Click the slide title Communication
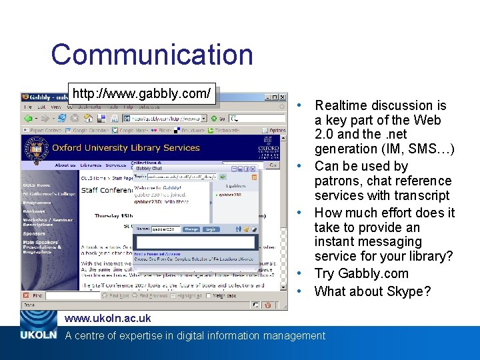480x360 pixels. click(152, 55)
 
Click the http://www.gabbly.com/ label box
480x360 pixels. click(142, 93)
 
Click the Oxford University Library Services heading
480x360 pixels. click(126, 148)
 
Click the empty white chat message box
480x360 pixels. click(195, 241)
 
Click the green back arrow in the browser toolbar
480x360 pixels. click(29, 118)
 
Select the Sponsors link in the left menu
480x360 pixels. click(35, 234)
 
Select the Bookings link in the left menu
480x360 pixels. click(35, 211)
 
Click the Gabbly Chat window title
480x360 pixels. click(149, 169)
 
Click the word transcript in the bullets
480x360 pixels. click(421, 196)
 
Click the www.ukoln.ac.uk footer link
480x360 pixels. click(107, 319)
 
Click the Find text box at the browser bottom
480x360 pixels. click(72, 295)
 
